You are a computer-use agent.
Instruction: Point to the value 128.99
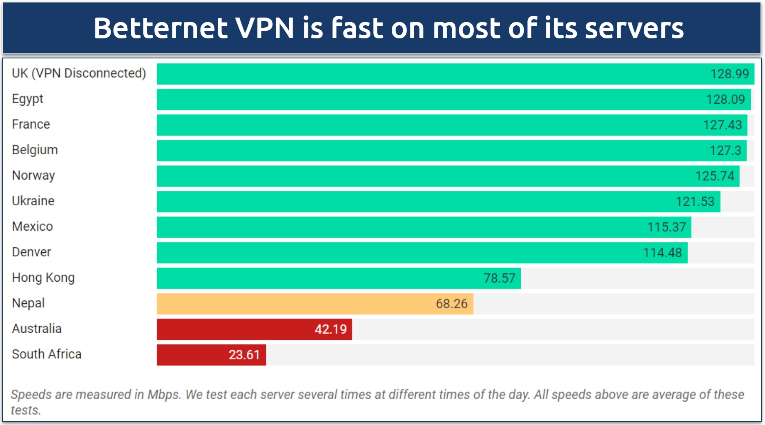tap(729, 74)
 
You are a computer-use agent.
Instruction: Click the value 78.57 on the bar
tap(499, 278)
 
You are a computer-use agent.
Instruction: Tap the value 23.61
tap(244, 355)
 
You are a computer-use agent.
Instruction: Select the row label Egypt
tap(27, 99)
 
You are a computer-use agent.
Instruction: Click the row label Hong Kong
tap(43, 278)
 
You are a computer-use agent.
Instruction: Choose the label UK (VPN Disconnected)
tap(78, 73)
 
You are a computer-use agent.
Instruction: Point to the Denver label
tap(31, 252)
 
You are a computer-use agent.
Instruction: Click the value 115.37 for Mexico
tap(666, 227)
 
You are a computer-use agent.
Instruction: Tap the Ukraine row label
tap(33, 201)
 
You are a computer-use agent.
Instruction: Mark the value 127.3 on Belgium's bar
tap(725, 151)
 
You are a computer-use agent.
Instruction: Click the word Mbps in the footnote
tap(164, 394)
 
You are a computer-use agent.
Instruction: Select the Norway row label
tap(33, 176)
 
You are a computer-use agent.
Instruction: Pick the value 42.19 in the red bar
tap(330, 329)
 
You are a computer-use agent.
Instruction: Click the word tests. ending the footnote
tap(26, 410)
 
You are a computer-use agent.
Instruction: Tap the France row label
tap(31, 124)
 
